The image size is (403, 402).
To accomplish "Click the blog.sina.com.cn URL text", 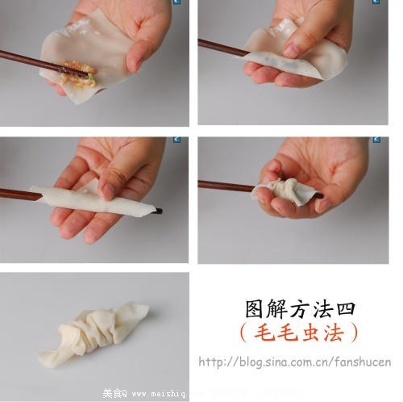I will click(x=294, y=362).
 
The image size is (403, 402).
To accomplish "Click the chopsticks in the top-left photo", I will click(x=32, y=62).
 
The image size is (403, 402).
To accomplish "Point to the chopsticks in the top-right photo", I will click(x=222, y=48).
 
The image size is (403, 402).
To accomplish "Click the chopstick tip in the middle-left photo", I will click(x=157, y=211).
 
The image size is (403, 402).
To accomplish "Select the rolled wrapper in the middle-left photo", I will click(x=97, y=201).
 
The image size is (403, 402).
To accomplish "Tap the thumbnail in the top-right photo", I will click(x=290, y=50).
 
